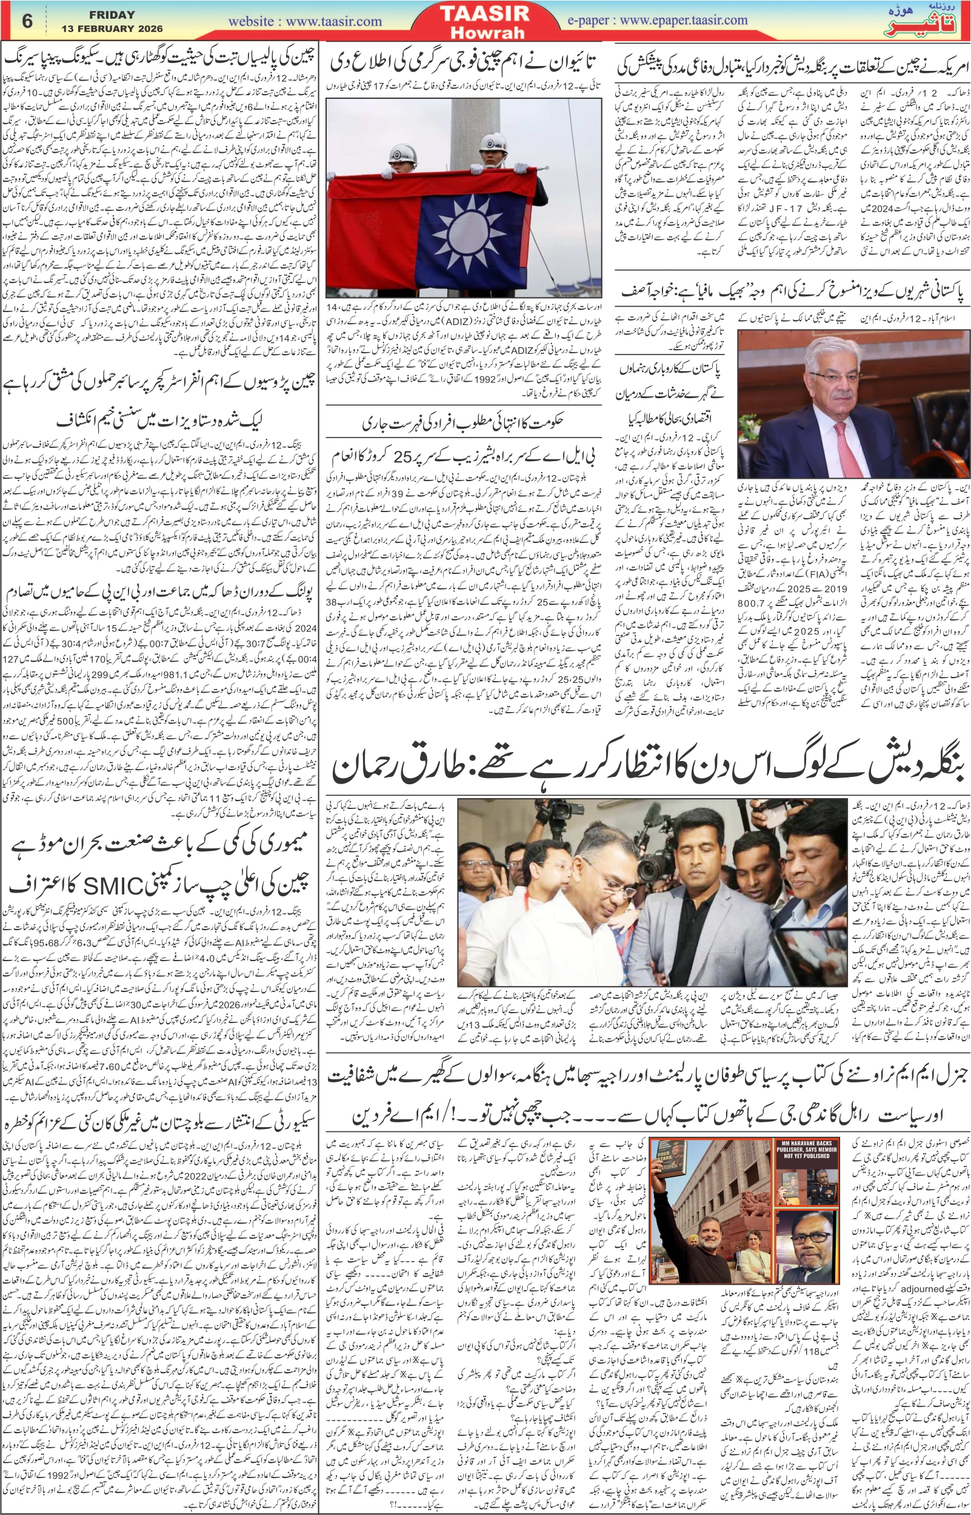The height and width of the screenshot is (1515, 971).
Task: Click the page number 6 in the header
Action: (27, 21)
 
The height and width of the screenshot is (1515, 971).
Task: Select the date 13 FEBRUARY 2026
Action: (112, 28)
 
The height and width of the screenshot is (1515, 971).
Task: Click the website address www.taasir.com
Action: (304, 21)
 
